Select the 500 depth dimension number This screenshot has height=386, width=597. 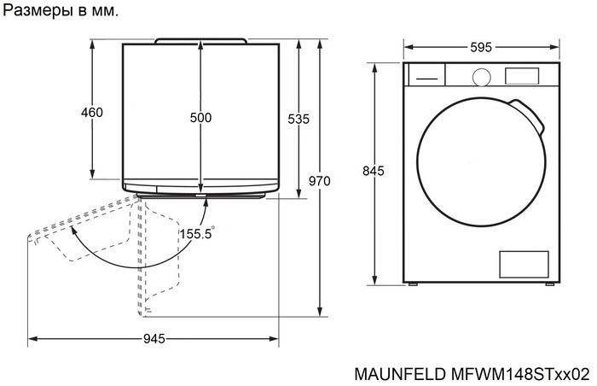200,118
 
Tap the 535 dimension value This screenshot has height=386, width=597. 298,120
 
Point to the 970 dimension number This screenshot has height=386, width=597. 319,181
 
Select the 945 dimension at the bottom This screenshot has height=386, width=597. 154,339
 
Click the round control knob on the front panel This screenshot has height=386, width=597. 482,76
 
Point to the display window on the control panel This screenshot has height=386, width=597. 520,76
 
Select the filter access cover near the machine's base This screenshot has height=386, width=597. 521,264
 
